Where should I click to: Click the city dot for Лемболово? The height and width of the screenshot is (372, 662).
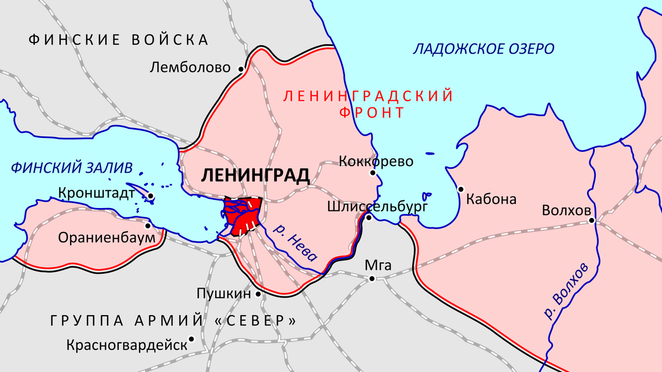(x=241, y=69)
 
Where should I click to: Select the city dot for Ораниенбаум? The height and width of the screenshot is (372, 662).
(x=147, y=226)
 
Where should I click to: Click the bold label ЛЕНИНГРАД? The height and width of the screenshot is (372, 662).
(x=255, y=176)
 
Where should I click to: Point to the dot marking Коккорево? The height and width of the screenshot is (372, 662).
(x=373, y=173)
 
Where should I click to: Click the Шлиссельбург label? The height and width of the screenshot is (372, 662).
(x=377, y=207)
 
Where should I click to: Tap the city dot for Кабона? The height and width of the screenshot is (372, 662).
(x=461, y=189)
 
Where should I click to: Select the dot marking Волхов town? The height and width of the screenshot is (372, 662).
(x=591, y=221)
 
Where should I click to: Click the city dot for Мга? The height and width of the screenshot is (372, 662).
(x=372, y=279)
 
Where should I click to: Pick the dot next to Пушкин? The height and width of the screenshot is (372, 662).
(x=258, y=295)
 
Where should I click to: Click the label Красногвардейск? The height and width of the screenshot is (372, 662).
(x=126, y=346)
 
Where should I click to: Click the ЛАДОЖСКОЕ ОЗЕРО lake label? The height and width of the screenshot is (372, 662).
(x=483, y=49)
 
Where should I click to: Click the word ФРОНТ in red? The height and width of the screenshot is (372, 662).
(x=371, y=113)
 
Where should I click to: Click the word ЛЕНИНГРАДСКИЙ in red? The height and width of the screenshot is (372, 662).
(x=367, y=96)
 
